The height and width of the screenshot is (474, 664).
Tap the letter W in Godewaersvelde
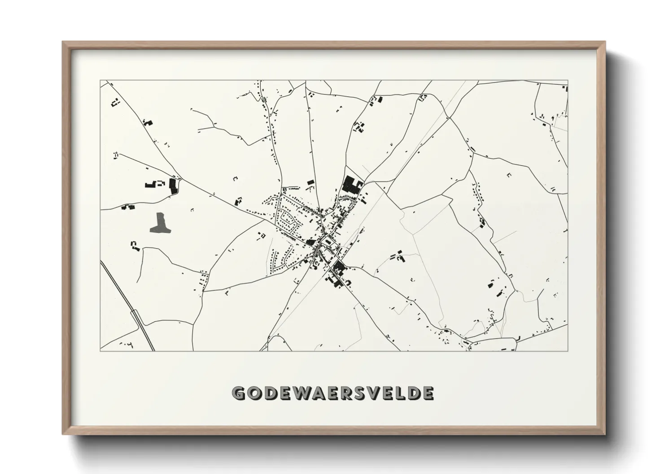click(304, 393)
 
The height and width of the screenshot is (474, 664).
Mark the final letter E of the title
click(428, 393)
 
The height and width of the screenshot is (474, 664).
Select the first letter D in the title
click(271, 393)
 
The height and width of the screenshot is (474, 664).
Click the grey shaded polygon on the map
click(160, 223)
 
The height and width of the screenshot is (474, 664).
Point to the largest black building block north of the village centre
click(351, 185)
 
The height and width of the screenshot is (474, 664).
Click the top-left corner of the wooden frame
click(63, 42)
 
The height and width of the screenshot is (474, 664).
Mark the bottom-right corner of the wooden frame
click(605, 434)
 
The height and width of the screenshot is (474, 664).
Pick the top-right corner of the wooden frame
click(605, 42)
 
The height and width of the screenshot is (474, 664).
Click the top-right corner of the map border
click(568, 81)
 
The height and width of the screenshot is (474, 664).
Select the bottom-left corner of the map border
click(100, 350)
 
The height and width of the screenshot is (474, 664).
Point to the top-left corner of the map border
click(100, 81)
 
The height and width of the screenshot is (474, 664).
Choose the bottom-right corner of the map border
click(568, 350)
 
